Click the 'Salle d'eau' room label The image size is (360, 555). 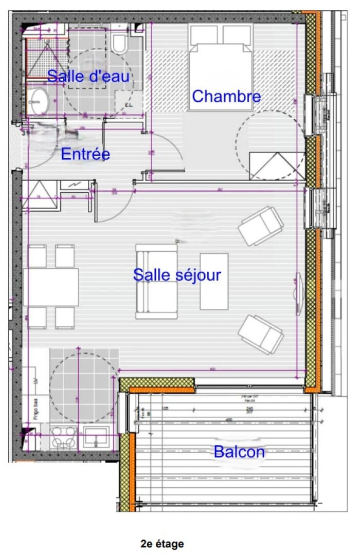88,77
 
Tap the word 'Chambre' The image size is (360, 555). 226,96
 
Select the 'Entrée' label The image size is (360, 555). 85,154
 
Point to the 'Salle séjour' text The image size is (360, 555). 177,275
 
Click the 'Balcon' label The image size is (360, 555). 239,452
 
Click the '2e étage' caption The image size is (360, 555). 162,543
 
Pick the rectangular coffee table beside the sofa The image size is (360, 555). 214,281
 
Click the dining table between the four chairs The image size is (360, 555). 51,287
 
